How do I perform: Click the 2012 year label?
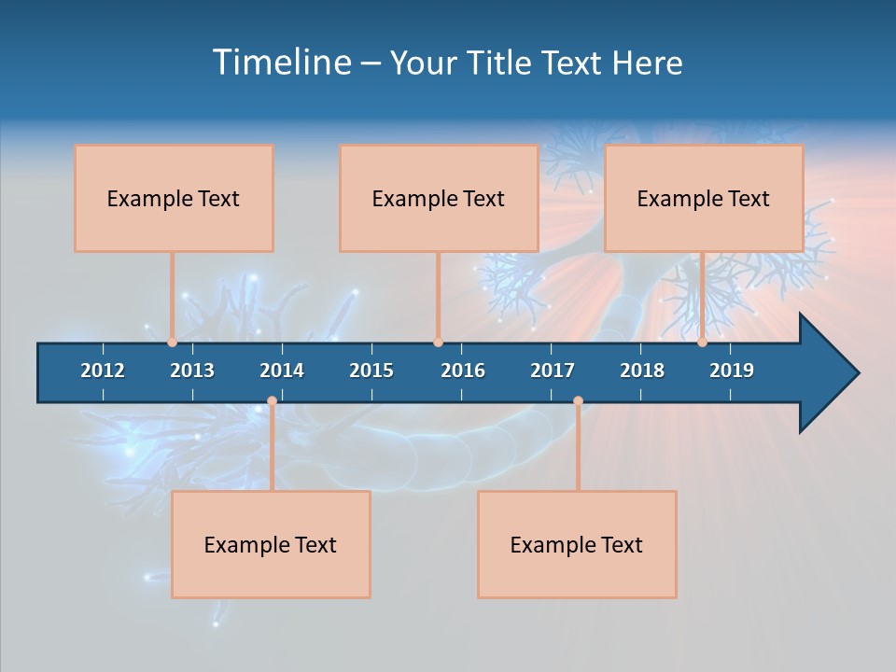(x=103, y=371)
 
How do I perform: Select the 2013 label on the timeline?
(x=192, y=371)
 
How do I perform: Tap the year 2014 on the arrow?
(x=282, y=371)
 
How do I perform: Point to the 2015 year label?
(x=371, y=371)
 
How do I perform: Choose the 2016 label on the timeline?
(x=463, y=371)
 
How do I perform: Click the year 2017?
(x=553, y=371)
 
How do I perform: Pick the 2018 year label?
(x=642, y=371)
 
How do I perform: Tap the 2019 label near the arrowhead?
(x=732, y=371)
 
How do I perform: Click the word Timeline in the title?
(x=281, y=63)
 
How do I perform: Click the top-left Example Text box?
(x=174, y=198)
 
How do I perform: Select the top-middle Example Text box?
(x=439, y=198)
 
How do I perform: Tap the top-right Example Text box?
(x=704, y=198)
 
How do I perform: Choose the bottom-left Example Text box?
(x=271, y=544)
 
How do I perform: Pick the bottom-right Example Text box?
(x=577, y=544)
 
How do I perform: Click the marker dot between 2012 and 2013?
(x=173, y=343)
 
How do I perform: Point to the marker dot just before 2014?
(x=272, y=401)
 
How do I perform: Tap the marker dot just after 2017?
(x=578, y=401)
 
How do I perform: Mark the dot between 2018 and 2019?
(x=703, y=343)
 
